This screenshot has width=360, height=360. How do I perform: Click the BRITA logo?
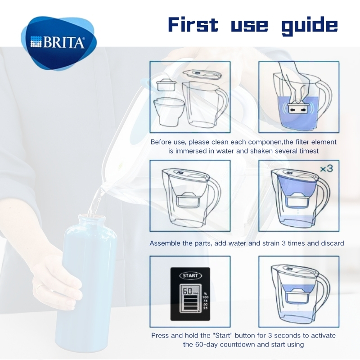pos(59,43)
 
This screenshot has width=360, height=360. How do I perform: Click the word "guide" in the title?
pos(310,26)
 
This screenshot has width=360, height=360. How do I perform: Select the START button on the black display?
pos(190,276)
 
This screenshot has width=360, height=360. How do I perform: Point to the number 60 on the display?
pos(188,291)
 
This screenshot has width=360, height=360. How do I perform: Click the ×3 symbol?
pos(327,169)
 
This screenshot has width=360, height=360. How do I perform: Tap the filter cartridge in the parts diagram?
pos(166,85)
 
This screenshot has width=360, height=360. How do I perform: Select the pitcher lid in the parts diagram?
pos(202,75)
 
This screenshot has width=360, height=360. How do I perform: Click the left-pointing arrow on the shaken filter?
pos(292,110)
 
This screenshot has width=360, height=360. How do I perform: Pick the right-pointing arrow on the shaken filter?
pos(303,110)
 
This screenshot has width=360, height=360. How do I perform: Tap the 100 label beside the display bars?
pos(206,297)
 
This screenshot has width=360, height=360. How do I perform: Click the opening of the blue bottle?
pos(92,216)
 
